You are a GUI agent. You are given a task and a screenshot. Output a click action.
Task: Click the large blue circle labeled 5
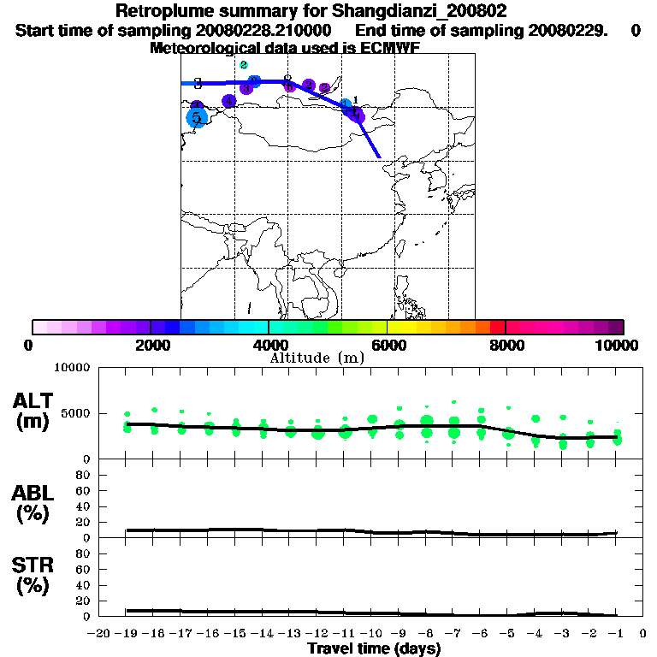[x=197, y=118]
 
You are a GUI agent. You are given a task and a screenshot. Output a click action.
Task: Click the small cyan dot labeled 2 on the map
[x=244, y=65]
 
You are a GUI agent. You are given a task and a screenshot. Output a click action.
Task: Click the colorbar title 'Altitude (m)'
[x=316, y=358]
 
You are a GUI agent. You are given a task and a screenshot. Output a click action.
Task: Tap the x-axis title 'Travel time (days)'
[x=374, y=648]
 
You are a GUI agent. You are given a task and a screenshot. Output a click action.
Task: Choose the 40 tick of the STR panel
[x=84, y=585]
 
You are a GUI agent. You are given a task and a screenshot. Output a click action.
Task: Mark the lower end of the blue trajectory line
[x=379, y=157]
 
